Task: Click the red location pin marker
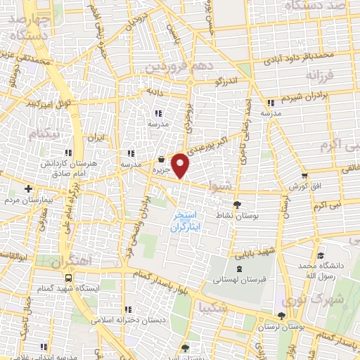point(181,166)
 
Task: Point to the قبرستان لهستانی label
point(238,279)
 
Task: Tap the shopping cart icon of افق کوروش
point(304,176)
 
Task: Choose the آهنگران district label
point(71,261)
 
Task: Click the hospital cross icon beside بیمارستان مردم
point(28,188)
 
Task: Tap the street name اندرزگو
point(229,80)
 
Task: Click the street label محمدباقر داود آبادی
point(296,56)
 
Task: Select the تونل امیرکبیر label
point(31,104)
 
